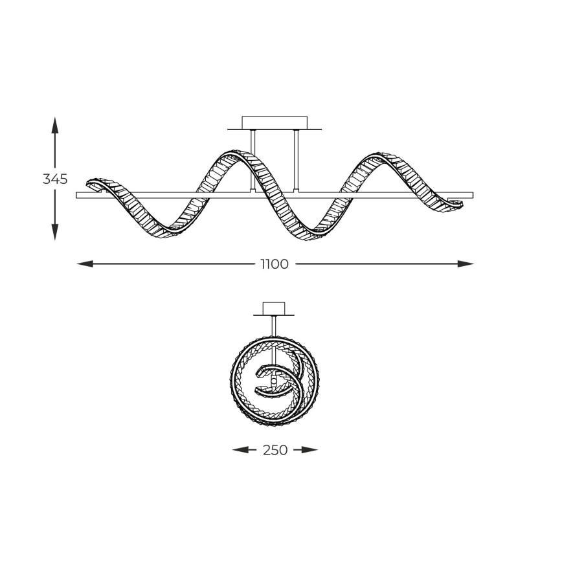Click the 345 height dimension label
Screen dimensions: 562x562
pyautogui.click(x=55, y=179)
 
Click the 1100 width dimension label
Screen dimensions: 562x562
pyautogui.click(x=275, y=264)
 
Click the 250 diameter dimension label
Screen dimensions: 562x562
pyautogui.click(x=275, y=450)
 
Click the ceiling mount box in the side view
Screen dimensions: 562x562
pyautogui.click(x=275, y=123)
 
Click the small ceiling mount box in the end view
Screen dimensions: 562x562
pyautogui.click(x=274, y=308)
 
